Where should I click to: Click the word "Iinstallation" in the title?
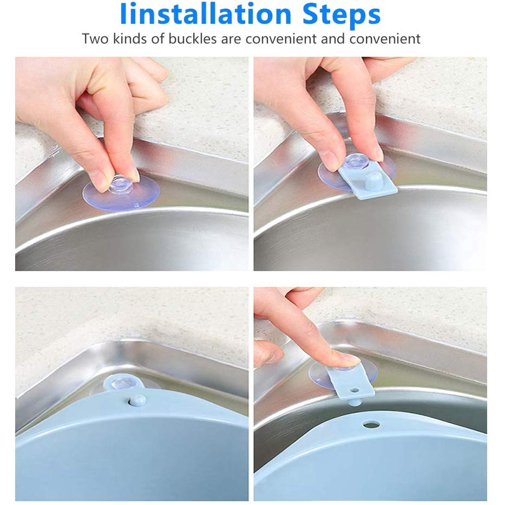click(206, 14)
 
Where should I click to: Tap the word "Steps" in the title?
click(342, 16)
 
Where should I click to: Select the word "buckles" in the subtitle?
click(193, 38)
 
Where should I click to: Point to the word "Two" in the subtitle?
click(95, 38)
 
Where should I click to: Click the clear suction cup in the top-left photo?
click(121, 193)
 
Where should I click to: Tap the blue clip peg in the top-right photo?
click(373, 178)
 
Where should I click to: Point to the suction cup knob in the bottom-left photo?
click(123, 383)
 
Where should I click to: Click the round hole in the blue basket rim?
click(371, 425)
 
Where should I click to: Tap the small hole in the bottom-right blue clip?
click(355, 390)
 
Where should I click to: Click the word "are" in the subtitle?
click(231, 40)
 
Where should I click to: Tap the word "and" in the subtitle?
click(333, 38)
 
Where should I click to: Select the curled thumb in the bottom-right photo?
click(268, 353)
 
